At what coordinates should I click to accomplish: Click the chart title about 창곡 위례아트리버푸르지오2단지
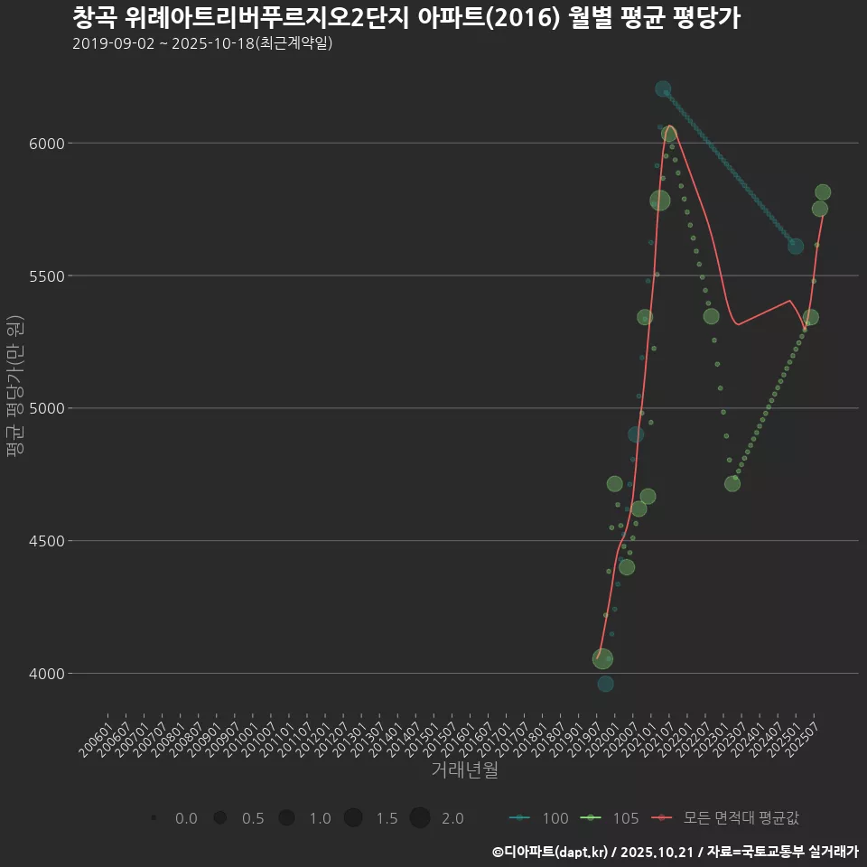click(x=406, y=18)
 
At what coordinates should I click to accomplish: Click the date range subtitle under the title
click(x=202, y=43)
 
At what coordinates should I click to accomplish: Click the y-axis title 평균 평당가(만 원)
click(x=14, y=387)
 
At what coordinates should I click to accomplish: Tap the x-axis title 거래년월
click(x=464, y=770)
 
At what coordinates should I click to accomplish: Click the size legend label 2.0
click(x=452, y=818)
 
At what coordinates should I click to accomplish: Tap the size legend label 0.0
click(x=186, y=818)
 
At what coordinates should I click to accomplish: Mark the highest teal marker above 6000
click(x=663, y=89)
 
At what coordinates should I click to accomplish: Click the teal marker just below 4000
click(x=605, y=684)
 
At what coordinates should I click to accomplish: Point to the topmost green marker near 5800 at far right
click(x=823, y=192)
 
